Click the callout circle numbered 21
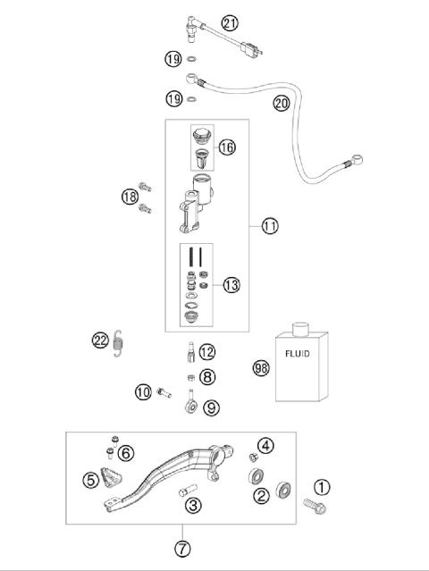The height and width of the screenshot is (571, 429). click(231, 24)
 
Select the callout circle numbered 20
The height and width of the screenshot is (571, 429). click(282, 103)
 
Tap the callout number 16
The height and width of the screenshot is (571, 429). click(227, 146)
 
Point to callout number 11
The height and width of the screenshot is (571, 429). click(269, 226)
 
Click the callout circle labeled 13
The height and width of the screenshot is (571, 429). click(231, 285)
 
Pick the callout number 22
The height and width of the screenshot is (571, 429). click(101, 340)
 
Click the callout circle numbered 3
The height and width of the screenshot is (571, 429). click(191, 506)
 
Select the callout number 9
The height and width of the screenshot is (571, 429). click(211, 408)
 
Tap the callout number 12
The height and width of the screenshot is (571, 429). click(207, 352)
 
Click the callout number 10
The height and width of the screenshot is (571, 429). click(143, 390)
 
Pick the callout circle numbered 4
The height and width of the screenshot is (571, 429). click(265, 445)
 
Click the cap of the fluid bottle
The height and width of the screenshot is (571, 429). click(299, 327)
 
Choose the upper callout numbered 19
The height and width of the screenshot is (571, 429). click(172, 60)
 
